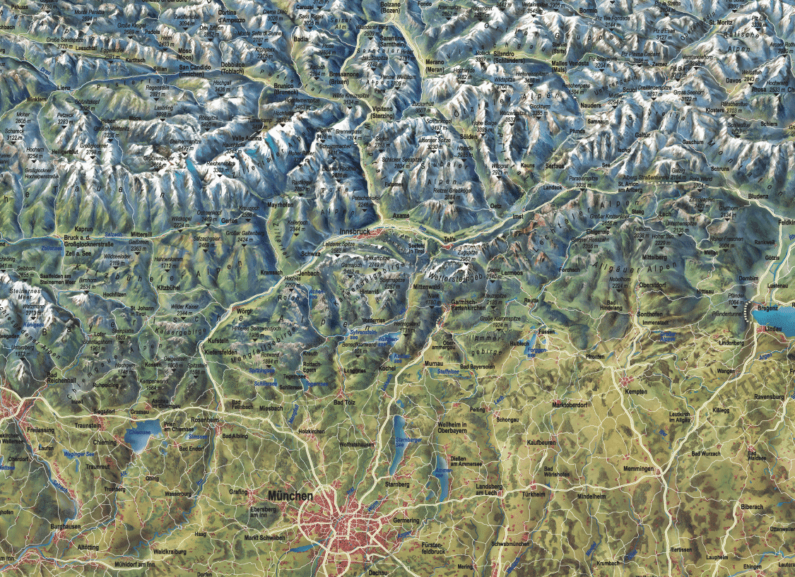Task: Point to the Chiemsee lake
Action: click(x=139, y=441)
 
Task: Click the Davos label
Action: click(x=752, y=80)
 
